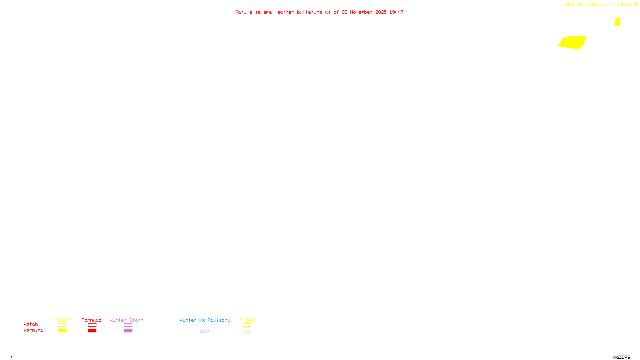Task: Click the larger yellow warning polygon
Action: pyautogui.click(x=573, y=42)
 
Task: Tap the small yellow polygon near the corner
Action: pyautogui.click(x=618, y=22)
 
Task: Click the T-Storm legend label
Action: pyautogui.click(x=62, y=320)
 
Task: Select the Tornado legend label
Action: pyautogui.click(x=92, y=320)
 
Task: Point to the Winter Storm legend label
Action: pyautogui.click(x=126, y=320)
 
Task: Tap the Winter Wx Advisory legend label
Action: pyautogui.click(x=205, y=320)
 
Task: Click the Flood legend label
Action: pyautogui.click(x=247, y=320)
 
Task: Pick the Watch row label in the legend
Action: pyautogui.click(x=31, y=324)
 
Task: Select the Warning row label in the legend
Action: pyautogui.click(x=34, y=330)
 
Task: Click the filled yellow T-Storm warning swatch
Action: pyautogui.click(x=62, y=331)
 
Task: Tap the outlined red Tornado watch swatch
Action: pyautogui.click(x=92, y=325)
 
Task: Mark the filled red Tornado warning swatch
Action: pyautogui.click(x=92, y=331)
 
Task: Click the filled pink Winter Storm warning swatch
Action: pyautogui.click(x=128, y=331)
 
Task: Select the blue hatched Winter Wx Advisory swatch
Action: pyautogui.click(x=204, y=331)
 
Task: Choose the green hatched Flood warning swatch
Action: pyautogui.click(x=247, y=331)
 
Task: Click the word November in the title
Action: pyautogui.click(x=361, y=12)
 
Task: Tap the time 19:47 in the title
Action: pyautogui.click(x=396, y=12)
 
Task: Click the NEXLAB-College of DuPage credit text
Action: pyautogui.click(x=600, y=4)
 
